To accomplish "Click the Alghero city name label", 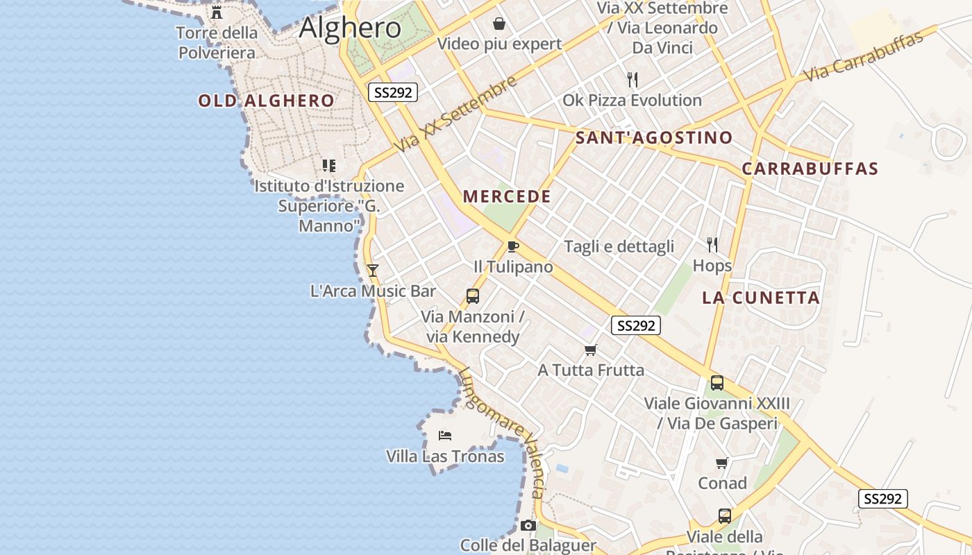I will pos(350,28).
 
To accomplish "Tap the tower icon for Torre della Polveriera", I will pos(217,12).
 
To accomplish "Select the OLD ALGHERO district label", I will pos(267,101).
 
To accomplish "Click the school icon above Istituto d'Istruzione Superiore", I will pos(329,165).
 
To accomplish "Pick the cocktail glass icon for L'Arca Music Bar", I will pos(373,270).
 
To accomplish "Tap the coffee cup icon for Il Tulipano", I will pos(512,246).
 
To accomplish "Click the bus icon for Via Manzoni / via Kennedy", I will pos(473,296).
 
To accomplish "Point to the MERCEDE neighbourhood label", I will pos(507,196).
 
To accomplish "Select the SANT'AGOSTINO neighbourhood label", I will pos(654,137).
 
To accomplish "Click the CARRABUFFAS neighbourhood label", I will pos(810,169).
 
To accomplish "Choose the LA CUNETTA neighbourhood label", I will pos(761,298).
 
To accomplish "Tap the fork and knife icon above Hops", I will pos(712,244).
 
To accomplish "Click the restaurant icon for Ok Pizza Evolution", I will pos(632,80).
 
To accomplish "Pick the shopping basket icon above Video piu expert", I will pos(499,24).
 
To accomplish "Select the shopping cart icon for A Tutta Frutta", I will pos(591,350).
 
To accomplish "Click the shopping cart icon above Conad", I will pos(722,463).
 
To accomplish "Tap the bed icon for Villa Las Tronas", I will pos(445,436).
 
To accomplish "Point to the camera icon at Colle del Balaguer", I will pos(528,525).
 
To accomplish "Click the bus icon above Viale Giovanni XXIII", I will pos(717,382).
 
